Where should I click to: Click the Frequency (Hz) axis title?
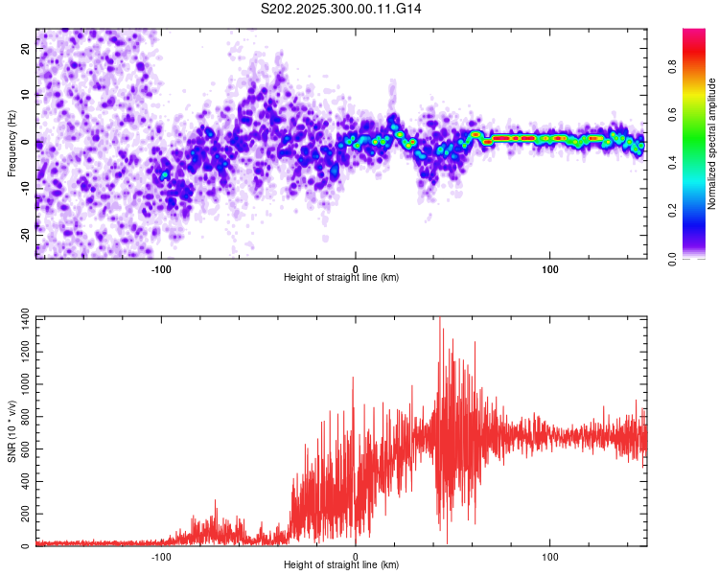12,144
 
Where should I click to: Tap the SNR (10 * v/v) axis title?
12,430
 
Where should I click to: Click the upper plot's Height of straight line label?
341,277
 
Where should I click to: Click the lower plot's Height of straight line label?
341,564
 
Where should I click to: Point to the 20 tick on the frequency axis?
25,50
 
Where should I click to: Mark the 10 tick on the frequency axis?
25,96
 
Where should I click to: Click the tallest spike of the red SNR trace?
440,319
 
